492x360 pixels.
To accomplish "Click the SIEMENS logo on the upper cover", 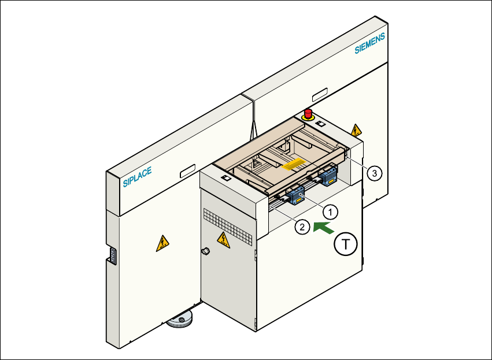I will coord(369,44).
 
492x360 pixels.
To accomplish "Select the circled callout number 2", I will coord(301,227).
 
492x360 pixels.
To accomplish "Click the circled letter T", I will coord(346,245).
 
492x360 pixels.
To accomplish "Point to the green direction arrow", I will coord(323,228).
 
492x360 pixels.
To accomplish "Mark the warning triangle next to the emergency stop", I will coord(356,129).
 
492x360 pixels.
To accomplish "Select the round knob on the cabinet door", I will coord(205,251).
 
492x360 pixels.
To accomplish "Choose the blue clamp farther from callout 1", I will coord(328,175).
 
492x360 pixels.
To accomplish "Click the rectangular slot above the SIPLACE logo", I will coord(188,172).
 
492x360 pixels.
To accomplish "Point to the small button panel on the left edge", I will coord(113,256).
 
